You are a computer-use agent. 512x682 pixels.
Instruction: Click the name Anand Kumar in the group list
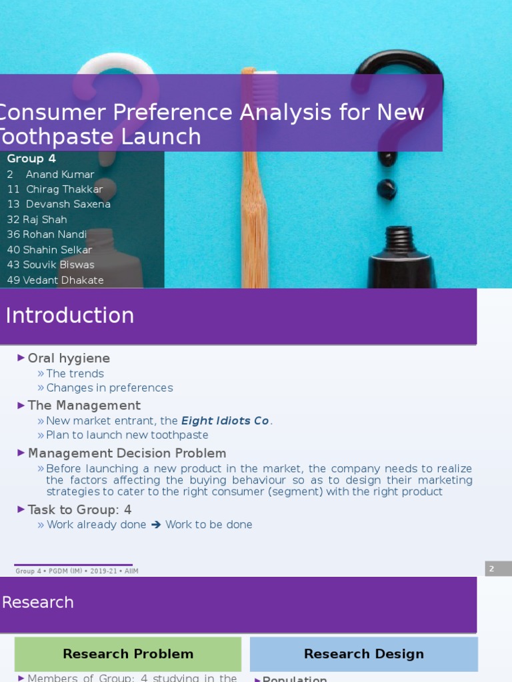[60, 174]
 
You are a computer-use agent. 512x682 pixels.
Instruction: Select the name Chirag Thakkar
[64, 189]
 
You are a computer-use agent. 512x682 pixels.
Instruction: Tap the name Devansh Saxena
[68, 204]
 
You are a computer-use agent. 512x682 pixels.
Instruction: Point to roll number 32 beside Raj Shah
[13, 220]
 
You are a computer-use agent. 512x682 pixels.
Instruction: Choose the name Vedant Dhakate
[63, 280]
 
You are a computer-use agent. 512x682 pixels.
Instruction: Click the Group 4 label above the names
[31, 159]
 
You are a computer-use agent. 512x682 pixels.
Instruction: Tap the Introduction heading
[70, 316]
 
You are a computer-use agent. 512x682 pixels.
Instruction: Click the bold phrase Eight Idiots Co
[225, 421]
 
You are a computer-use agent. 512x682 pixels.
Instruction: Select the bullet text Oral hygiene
[69, 358]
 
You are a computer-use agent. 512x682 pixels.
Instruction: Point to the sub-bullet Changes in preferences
[109, 388]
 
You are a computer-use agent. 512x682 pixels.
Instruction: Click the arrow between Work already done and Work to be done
[156, 525]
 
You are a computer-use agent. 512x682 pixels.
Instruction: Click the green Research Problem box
[128, 654]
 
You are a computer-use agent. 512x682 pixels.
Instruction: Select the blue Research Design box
[364, 654]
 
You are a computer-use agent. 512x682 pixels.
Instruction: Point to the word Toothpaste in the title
[100, 137]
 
